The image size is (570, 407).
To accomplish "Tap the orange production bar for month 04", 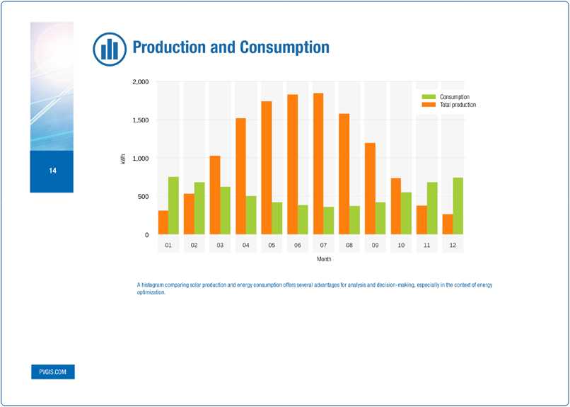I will click(240, 176).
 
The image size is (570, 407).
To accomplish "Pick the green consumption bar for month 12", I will click(458, 206).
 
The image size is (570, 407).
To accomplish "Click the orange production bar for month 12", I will click(448, 224).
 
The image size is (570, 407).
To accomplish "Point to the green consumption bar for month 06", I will click(303, 219).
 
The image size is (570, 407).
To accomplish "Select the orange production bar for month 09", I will click(370, 188).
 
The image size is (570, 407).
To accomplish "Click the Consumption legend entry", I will click(454, 97).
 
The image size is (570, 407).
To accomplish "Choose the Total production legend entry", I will click(457, 105).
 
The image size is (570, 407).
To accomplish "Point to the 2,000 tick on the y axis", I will click(141, 82).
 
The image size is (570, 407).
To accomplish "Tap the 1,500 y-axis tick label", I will click(141, 120).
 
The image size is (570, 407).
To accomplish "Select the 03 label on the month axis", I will click(220, 246).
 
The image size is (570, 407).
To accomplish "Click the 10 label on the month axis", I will click(401, 246).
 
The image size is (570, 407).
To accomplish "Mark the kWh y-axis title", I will click(123, 161).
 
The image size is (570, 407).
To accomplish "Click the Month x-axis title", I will click(324, 259).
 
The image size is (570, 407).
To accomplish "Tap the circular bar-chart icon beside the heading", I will click(110, 48).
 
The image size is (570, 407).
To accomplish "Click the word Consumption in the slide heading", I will click(284, 47).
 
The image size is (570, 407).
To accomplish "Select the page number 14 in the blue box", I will click(52, 171).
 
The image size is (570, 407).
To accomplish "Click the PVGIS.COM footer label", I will click(52, 372).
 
